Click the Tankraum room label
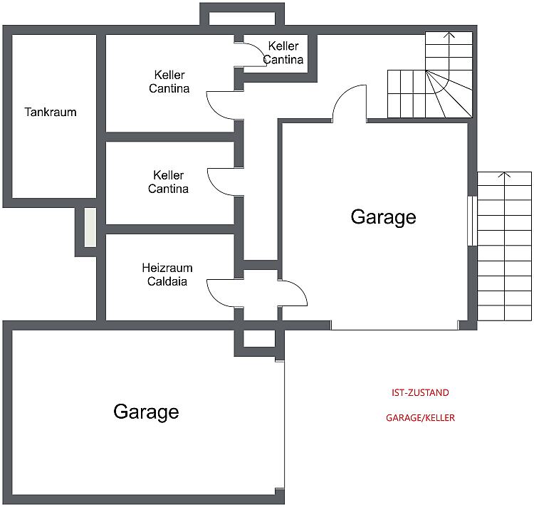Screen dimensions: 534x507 [51, 112]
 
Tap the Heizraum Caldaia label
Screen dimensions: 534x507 [167, 274]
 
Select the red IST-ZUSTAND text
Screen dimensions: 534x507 [420, 392]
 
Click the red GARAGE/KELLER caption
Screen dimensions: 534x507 [420, 418]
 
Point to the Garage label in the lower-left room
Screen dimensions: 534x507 [146, 412]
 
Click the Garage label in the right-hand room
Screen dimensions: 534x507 [384, 217]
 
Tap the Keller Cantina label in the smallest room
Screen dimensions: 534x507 [283, 53]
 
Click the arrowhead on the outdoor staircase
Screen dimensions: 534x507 [504, 174]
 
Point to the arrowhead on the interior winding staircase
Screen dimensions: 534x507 [449, 35]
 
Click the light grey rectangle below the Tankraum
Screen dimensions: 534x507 [90, 227]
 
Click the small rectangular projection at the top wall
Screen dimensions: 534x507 [242, 14]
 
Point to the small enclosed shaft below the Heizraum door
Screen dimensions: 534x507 [259, 338]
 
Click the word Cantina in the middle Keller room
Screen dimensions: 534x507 [168, 189]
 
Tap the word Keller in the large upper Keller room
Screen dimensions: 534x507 [169, 75]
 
